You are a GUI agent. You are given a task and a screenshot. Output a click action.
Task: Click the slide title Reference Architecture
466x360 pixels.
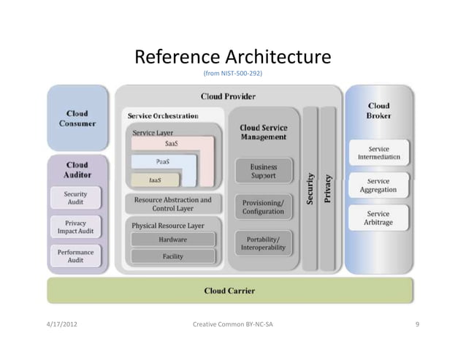click(x=233, y=57)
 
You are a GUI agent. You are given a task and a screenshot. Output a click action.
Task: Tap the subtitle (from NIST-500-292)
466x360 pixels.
click(x=232, y=74)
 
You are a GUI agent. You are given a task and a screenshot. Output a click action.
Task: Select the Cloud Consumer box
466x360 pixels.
click(x=77, y=118)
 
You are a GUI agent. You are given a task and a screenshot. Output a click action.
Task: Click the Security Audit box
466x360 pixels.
click(x=76, y=198)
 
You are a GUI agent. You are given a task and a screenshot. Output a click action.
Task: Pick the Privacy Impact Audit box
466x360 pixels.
click(x=76, y=227)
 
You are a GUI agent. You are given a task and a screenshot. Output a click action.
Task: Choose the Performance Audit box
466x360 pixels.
click(x=76, y=256)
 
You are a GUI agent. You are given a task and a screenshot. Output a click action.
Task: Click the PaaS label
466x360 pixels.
click(x=164, y=161)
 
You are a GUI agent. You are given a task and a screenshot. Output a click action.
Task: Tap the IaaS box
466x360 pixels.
click(x=155, y=180)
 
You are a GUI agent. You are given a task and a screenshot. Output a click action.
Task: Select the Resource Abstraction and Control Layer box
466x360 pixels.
click(x=172, y=204)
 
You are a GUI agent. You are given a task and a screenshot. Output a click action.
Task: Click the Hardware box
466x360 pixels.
click(x=173, y=240)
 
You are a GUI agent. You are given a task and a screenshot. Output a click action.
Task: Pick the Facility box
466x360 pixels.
click(x=173, y=256)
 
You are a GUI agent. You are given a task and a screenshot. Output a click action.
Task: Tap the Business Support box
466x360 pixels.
click(x=264, y=171)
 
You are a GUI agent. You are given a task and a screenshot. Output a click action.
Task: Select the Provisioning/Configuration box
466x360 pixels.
click(x=263, y=206)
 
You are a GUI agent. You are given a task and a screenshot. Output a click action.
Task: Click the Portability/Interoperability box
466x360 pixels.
click(x=263, y=243)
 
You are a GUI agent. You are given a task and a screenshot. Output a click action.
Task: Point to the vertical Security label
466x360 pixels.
click(x=310, y=188)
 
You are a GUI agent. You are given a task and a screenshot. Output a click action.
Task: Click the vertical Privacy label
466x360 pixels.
click(x=328, y=188)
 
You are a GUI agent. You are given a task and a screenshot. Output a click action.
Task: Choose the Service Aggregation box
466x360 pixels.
click(x=378, y=185)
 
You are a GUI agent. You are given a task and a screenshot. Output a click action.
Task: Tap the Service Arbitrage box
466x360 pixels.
click(x=378, y=218)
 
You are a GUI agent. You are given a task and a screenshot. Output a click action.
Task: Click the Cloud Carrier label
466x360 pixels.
click(x=230, y=291)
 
